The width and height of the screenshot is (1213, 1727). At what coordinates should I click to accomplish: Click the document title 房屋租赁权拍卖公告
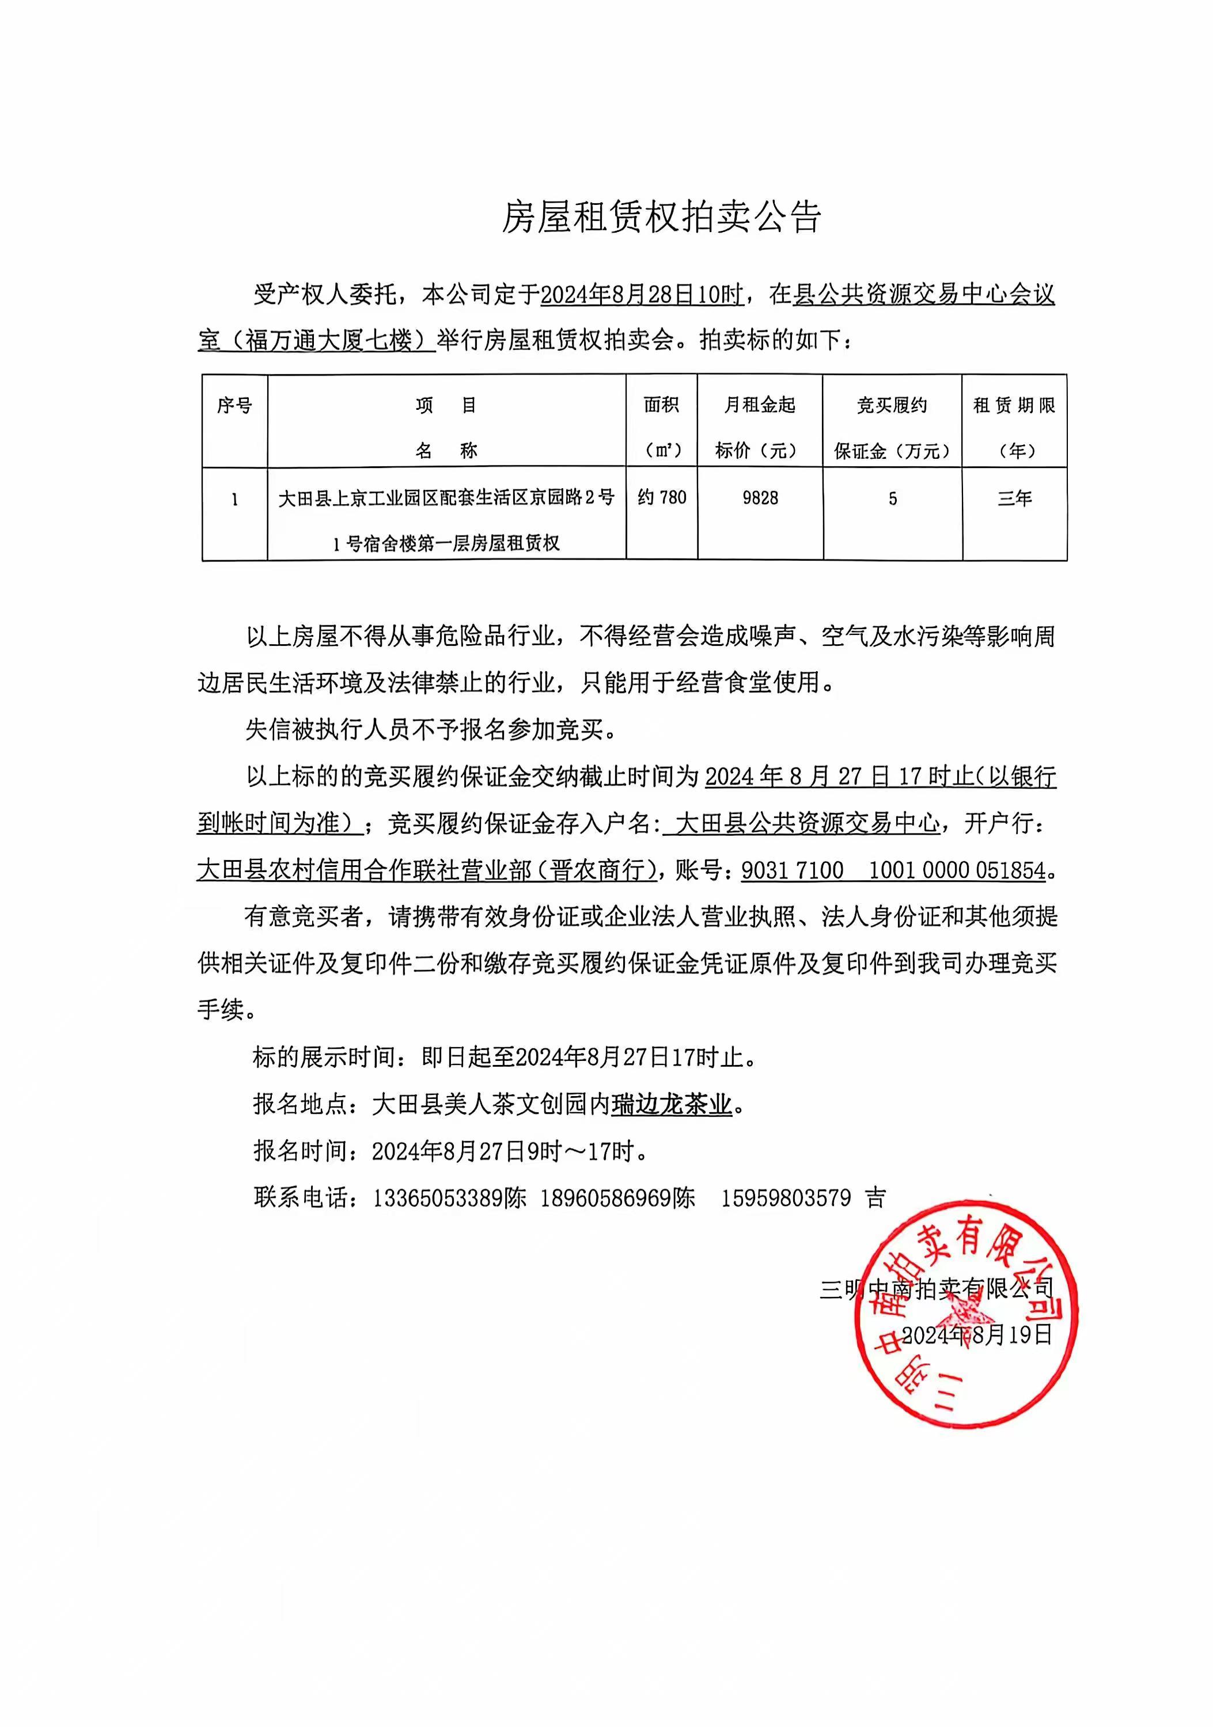(661, 218)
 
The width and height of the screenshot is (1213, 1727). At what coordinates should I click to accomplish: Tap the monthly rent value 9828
(760, 498)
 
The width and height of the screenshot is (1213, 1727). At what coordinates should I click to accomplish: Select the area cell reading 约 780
(661, 497)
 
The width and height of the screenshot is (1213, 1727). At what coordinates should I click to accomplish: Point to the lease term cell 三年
(1014, 498)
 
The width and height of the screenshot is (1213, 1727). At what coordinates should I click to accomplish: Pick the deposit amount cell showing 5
(892, 499)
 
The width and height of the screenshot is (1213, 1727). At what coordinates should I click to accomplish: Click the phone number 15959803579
(786, 1198)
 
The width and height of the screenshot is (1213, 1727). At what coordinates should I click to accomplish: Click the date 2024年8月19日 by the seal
(977, 1335)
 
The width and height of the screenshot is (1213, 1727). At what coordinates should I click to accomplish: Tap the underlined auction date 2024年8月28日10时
(642, 295)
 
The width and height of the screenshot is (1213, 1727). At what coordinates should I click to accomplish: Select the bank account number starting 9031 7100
(893, 870)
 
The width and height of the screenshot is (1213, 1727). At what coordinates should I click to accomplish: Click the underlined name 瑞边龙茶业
(671, 1105)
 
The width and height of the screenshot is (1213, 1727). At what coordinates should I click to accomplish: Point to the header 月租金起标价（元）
(760, 427)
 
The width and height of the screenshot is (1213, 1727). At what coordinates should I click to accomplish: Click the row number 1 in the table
(235, 499)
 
